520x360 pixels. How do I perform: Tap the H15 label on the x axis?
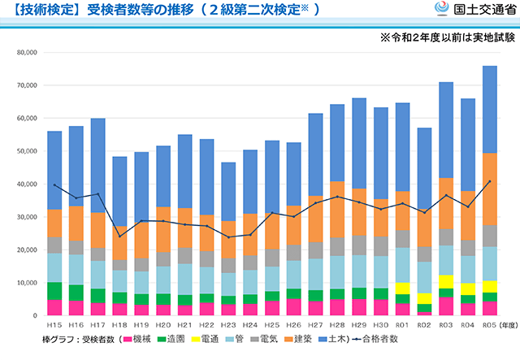54,324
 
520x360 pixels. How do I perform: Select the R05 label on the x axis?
489,324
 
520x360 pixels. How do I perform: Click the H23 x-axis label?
228,324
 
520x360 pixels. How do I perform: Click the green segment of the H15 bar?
54,291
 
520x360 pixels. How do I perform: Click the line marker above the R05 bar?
489,181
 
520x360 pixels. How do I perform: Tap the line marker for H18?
119,236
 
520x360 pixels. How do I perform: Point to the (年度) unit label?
508,324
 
